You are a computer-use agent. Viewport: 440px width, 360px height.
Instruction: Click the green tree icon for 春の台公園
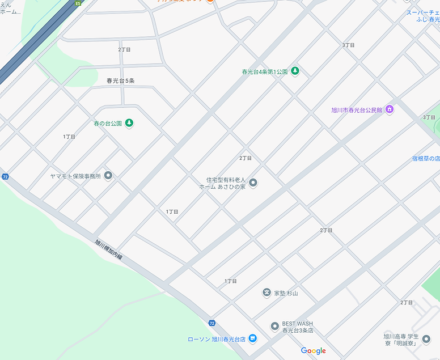click(129, 122)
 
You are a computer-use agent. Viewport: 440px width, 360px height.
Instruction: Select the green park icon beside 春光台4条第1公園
click(295, 71)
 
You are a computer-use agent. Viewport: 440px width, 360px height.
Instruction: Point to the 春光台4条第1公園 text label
click(264, 72)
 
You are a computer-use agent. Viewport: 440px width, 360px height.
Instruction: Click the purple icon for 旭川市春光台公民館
click(389, 109)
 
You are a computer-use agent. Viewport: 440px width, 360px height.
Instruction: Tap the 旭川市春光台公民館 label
click(357, 110)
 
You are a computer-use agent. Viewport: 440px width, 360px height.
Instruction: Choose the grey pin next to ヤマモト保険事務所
click(108, 176)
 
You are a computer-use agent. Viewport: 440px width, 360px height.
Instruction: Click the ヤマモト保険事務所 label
click(75, 176)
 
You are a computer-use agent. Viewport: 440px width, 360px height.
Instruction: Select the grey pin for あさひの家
click(253, 183)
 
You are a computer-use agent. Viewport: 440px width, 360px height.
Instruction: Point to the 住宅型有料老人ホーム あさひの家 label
click(226, 183)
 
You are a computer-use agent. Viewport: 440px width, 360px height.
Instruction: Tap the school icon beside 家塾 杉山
click(266, 293)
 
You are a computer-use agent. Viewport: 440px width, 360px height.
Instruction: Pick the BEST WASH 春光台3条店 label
click(298, 327)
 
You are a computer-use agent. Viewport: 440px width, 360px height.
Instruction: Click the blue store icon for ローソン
click(253, 339)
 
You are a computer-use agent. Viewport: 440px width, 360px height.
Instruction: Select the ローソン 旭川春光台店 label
click(217, 340)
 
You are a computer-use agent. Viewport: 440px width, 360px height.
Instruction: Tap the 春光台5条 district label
click(120, 81)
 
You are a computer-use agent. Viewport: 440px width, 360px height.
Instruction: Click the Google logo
click(313, 351)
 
